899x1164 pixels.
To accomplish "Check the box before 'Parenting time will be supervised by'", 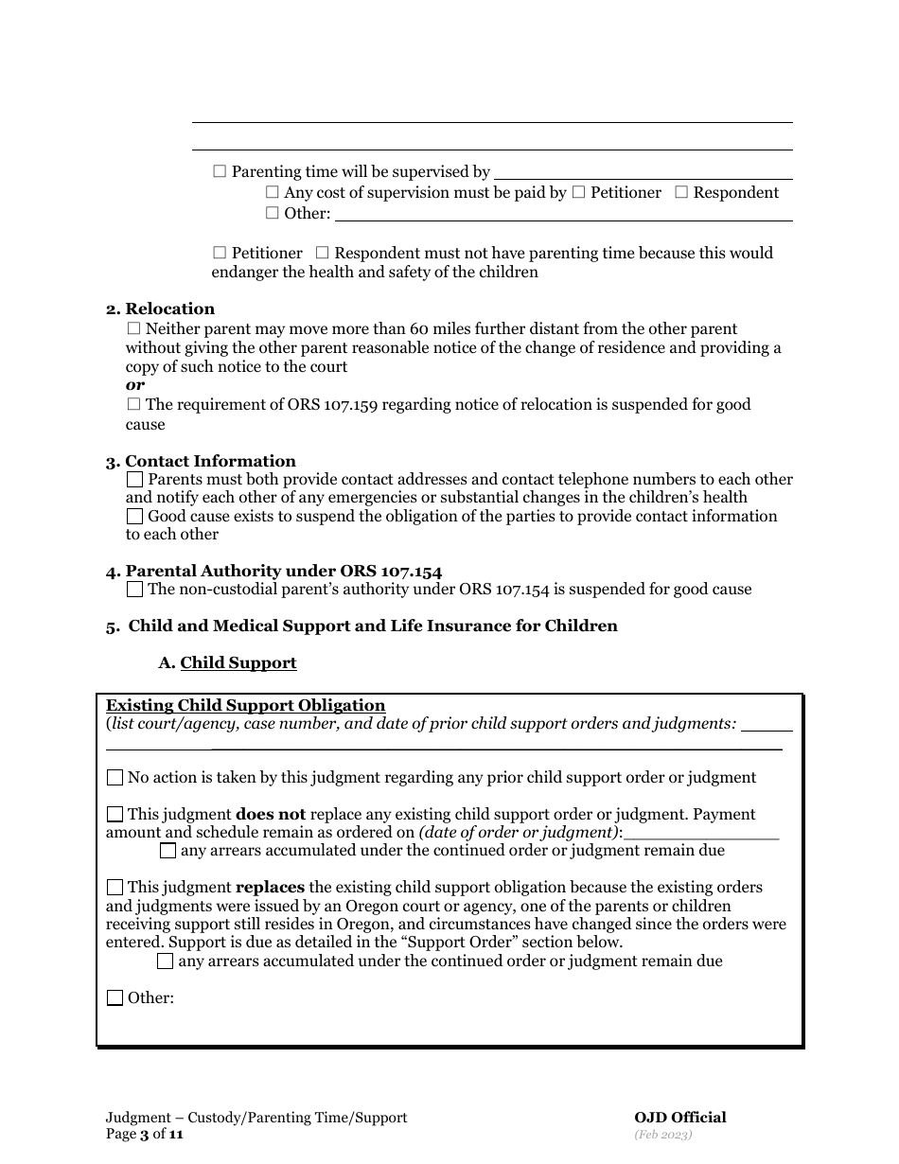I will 220,172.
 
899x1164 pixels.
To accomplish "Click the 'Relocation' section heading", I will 169,309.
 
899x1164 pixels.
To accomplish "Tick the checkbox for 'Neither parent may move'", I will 133,329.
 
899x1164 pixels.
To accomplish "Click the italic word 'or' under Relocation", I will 135,385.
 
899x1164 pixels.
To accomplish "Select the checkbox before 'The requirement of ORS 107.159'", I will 133,405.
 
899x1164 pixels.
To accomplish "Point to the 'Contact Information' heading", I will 210,462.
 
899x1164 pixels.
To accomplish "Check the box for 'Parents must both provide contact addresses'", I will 134,480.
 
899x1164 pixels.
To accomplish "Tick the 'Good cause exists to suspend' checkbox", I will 134,517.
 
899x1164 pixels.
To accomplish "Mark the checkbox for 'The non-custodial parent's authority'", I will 134,590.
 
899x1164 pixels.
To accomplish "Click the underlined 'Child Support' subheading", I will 238,663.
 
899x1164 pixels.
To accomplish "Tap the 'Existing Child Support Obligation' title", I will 245,706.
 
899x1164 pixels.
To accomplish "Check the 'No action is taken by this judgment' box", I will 115,778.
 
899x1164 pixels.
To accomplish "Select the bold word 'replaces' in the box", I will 270,888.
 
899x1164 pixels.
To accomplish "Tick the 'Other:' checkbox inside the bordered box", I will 115,998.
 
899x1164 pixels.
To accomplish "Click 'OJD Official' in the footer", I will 680,1118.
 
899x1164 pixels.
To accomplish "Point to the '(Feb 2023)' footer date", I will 663,1134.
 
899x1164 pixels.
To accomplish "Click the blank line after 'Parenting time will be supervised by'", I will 643,176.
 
